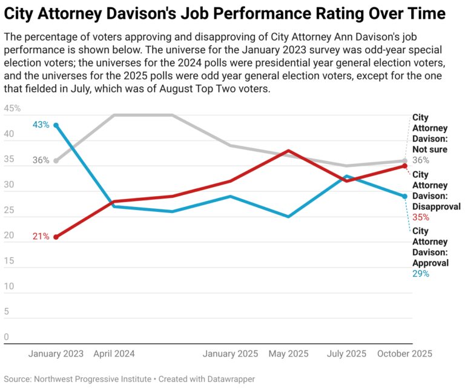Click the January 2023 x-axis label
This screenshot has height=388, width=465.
pyautogui.click(x=56, y=353)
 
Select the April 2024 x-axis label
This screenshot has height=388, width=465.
pyautogui.click(x=114, y=353)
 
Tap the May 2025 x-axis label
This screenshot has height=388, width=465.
pyautogui.click(x=288, y=353)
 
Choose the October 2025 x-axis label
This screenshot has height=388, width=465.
pyautogui.click(x=405, y=353)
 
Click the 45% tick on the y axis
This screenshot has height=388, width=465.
pyautogui.click(x=12, y=109)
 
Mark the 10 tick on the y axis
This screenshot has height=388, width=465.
pyautogui.click(x=8, y=286)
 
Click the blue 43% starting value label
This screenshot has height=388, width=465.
pyautogui.click(x=41, y=125)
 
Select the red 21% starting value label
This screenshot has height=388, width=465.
pyautogui.click(x=41, y=237)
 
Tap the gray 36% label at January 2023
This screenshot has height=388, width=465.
pyautogui.click(x=41, y=160)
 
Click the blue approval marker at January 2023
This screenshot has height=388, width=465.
pyautogui.click(x=56, y=125)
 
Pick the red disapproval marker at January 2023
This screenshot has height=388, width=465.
pyautogui.click(x=56, y=237)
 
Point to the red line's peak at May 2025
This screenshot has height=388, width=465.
pyautogui.click(x=288, y=150)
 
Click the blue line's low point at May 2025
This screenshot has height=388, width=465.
pyautogui.click(x=288, y=216)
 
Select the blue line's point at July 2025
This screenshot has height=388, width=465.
pyautogui.click(x=346, y=176)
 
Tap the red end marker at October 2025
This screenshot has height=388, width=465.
pyautogui.click(x=404, y=166)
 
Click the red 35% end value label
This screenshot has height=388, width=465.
pyautogui.click(x=421, y=217)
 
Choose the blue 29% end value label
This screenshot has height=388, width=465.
pyautogui.click(x=421, y=274)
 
